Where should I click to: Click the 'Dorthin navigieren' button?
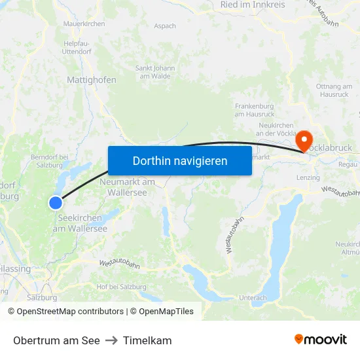click(179, 160)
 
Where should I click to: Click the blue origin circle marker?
click(56, 203)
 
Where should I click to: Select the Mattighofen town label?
click(92, 80)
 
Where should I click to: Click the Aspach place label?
click(165, 26)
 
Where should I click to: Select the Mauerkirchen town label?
click(84, 24)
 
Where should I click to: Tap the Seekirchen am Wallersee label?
click(80, 223)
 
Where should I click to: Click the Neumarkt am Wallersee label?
click(128, 187)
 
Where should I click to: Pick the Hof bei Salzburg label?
click(121, 287)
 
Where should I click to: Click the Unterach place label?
click(253, 298)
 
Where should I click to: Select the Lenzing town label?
click(308, 177)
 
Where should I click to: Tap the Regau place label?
click(349, 164)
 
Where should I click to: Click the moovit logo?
click(321, 340)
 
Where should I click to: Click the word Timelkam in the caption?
click(147, 340)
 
